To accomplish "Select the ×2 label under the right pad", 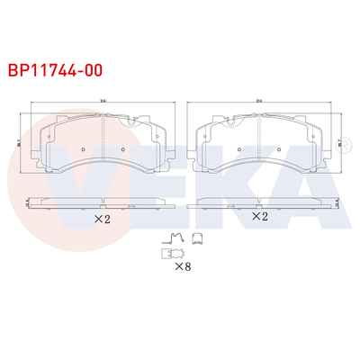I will tap(260, 217).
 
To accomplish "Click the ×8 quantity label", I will tap(182, 265).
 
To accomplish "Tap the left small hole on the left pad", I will tap(83, 149).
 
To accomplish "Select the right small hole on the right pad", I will tap(280, 149).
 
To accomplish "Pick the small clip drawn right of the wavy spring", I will tap(196, 239).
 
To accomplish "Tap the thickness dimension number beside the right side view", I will tap(339, 203).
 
